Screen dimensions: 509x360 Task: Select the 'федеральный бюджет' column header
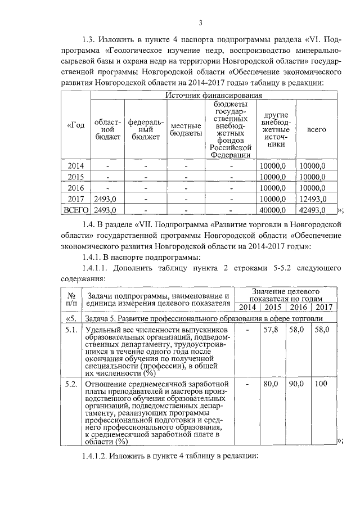point(146,130)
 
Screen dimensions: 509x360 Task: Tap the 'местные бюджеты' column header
point(186,130)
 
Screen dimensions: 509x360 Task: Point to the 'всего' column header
point(316,130)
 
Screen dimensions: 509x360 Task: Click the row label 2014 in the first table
point(75,165)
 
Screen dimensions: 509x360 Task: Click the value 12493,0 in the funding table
point(313,199)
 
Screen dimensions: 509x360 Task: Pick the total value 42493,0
point(313,210)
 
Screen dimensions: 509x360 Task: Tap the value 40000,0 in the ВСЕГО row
point(273,210)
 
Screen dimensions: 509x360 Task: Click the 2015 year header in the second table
point(272,307)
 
